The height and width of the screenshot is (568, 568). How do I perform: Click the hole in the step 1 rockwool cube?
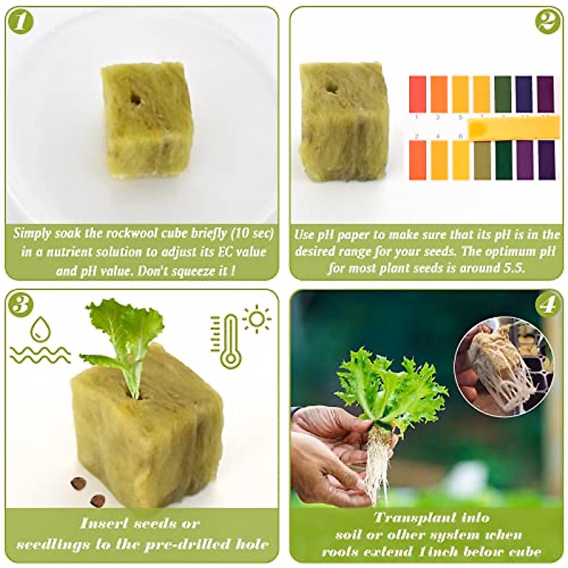(136, 99)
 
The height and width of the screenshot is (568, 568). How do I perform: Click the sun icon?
(257, 319)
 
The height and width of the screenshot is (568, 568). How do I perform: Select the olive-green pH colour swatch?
(482, 160)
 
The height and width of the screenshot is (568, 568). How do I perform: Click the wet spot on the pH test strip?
(479, 127)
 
